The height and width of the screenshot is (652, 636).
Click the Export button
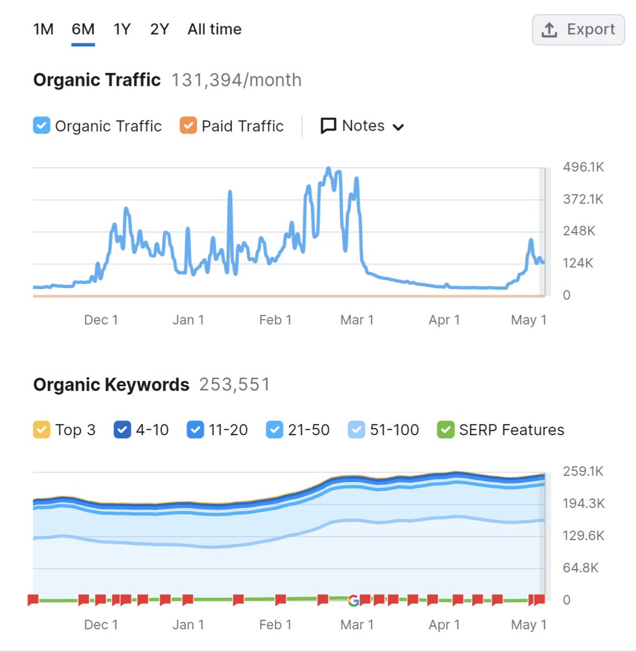578,30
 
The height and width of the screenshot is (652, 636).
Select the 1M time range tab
43,29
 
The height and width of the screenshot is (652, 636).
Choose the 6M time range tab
83,29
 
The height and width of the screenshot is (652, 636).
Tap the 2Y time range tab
160,29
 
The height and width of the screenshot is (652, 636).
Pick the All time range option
215,29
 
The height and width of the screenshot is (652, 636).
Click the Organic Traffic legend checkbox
42,126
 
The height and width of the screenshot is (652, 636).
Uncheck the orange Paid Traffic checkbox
188,126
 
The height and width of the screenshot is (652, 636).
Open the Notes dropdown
362,126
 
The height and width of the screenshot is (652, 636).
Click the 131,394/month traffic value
236,80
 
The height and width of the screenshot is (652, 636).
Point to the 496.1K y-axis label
583,167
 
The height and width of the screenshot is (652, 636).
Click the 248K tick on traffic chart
579,231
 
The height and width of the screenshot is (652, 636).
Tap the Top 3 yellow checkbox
42,430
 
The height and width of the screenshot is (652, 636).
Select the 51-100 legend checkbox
356,430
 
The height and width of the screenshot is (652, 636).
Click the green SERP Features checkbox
445,430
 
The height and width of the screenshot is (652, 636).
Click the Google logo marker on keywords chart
354,600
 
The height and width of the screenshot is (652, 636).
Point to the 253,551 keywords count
234,385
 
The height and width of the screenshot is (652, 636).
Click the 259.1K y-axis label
583,472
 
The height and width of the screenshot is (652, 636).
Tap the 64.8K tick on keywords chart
581,568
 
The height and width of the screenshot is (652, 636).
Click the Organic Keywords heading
111,385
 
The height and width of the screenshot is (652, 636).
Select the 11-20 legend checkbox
195,430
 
